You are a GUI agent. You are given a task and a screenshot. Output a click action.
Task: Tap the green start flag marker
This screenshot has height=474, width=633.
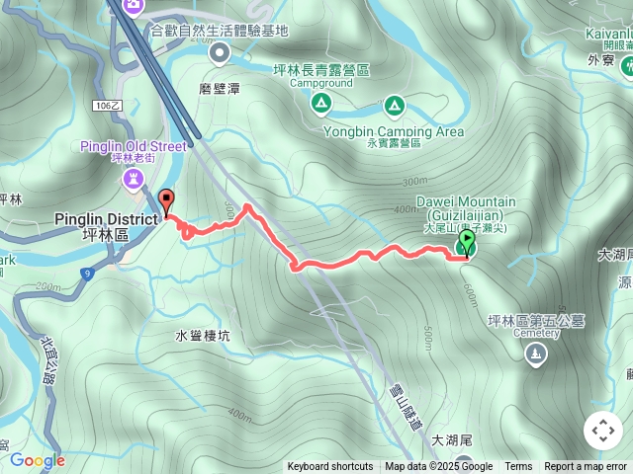click(x=466, y=244)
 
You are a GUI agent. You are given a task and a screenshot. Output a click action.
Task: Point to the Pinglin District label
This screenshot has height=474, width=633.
click(x=106, y=218)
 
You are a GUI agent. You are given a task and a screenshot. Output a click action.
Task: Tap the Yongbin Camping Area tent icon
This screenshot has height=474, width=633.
click(x=394, y=104)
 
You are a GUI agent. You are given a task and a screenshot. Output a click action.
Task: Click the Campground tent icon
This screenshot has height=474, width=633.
click(x=320, y=104)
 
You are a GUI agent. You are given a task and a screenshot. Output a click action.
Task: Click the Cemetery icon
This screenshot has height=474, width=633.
click(x=536, y=354)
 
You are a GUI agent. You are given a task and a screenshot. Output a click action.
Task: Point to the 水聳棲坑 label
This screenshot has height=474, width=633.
click(x=203, y=336)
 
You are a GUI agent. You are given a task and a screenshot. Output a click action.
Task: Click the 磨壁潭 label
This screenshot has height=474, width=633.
click(x=219, y=88)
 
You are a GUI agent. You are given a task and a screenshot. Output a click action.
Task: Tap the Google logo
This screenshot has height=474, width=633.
click(x=37, y=460)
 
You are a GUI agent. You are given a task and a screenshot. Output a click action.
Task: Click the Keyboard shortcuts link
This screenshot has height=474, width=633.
click(x=330, y=467)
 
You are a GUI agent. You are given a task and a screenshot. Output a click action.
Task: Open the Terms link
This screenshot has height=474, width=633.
click(x=518, y=467)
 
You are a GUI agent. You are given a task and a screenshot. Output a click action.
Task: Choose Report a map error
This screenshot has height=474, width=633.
click(x=587, y=467)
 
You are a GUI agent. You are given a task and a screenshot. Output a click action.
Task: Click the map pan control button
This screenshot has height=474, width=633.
click(x=602, y=432)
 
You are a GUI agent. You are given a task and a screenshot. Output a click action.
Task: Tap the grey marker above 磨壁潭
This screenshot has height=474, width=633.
click(x=220, y=53)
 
